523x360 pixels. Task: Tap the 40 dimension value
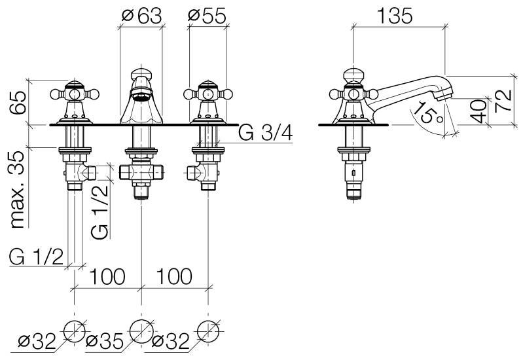click(480, 112)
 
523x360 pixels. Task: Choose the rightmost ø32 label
click(170, 341)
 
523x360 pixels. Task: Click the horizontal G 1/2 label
click(36, 256)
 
